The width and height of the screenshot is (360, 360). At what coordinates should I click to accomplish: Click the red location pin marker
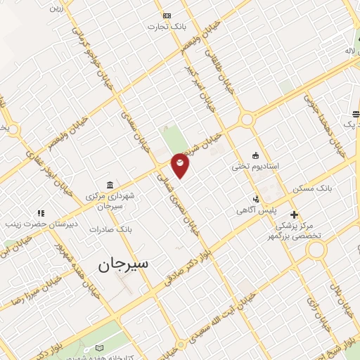click(181, 165)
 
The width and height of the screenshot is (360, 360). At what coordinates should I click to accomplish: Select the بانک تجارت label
click(166, 27)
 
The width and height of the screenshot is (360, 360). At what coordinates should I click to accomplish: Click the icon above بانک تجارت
click(167, 15)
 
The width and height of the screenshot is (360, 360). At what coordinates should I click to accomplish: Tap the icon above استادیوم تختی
click(255, 155)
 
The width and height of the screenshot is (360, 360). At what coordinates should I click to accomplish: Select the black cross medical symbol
click(294, 214)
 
